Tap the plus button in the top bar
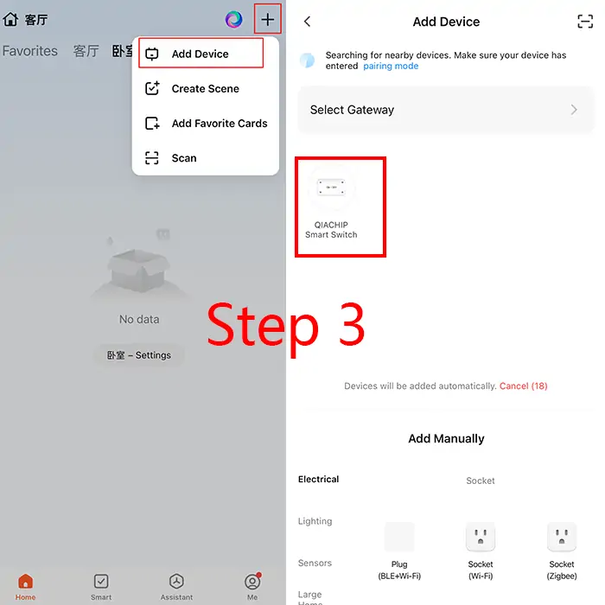[x=267, y=19]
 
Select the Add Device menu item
[x=201, y=54]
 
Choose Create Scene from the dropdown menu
[x=206, y=88]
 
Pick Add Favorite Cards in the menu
[x=220, y=123]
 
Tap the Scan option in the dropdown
[x=183, y=158]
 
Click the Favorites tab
[x=30, y=50]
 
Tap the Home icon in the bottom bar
[x=25, y=581]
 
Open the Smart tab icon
[x=101, y=581]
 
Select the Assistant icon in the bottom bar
[x=176, y=581]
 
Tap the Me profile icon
[x=252, y=581]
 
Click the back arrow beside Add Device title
[x=307, y=22]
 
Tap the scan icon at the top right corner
[x=585, y=22]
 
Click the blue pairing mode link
[x=391, y=66]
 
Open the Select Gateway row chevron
[x=574, y=110]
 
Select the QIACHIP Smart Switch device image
[x=331, y=188]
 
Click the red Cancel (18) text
[x=523, y=385]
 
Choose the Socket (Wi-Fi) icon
[x=481, y=537]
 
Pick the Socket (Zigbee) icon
[x=562, y=537]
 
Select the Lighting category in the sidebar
[x=315, y=521]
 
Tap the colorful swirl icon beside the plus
[x=234, y=19]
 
